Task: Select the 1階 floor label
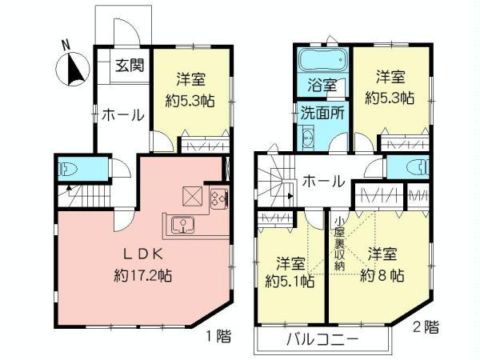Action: [x=218, y=335]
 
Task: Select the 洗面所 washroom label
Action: [x=323, y=113]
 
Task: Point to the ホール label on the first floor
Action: [x=122, y=115]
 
